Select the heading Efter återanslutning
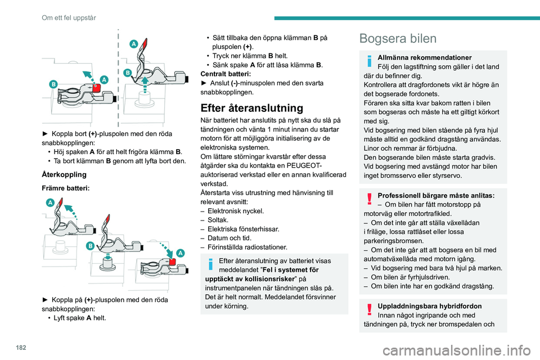(x=252, y=108)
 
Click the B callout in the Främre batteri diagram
(x=90, y=246)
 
